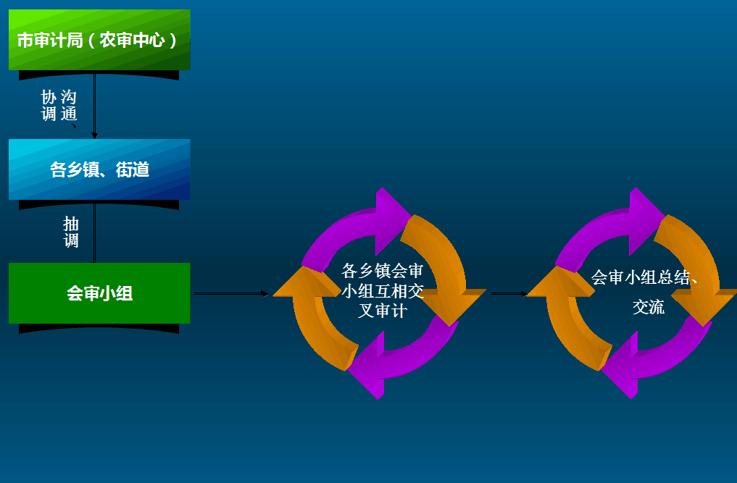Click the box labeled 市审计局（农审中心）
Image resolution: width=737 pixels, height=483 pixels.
tap(99, 40)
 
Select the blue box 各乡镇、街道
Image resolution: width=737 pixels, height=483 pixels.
tap(99, 169)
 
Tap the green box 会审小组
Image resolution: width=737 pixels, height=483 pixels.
tap(99, 293)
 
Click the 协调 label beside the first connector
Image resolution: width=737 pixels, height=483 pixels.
tap(49, 106)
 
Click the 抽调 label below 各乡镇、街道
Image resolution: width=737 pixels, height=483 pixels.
tap(71, 232)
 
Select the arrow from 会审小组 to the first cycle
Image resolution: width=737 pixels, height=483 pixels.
tap(231, 294)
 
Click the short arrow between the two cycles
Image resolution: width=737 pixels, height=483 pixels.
tap(509, 294)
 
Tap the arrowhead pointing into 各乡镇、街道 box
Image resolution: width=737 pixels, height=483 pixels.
tap(94, 135)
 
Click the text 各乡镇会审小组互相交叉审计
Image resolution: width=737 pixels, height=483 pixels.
tap(383, 291)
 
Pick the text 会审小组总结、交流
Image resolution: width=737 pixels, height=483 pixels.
tap(644, 292)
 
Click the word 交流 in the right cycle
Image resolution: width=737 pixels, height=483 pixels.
tap(648, 307)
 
